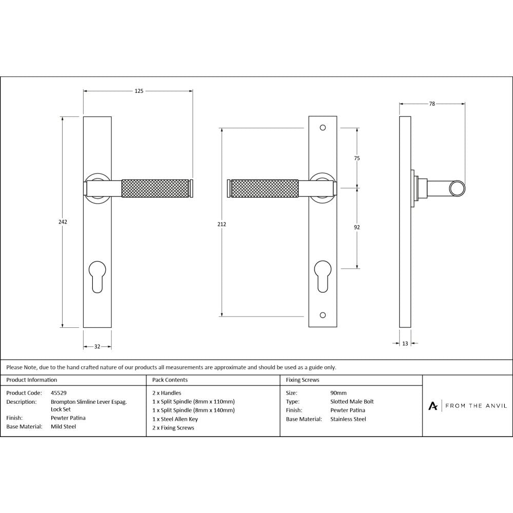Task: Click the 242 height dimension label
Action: [x=63, y=222]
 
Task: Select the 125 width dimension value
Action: [x=139, y=91]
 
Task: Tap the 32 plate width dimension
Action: [x=97, y=347]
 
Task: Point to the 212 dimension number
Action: [x=222, y=224]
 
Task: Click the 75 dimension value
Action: [x=357, y=158]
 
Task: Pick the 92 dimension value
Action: [x=357, y=227]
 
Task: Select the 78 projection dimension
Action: [x=432, y=104]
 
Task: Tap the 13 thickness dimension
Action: [x=405, y=344]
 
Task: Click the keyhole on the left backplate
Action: [x=97, y=277]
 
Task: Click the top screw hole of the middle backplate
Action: [x=323, y=127]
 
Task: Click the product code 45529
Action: [x=59, y=393]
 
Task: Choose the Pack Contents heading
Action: [x=170, y=380]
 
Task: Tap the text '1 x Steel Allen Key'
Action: [x=175, y=419]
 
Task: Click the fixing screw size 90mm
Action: [x=339, y=393]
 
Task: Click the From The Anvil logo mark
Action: [x=433, y=406]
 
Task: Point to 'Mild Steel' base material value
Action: [x=64, y=426]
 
